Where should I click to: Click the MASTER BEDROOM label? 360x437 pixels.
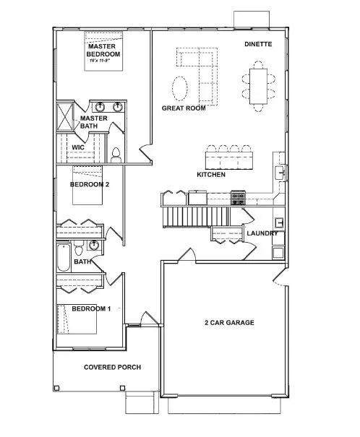(103, 51)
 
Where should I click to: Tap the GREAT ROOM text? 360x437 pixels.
(184, 108)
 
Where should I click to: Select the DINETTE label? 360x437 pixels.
(258, 45)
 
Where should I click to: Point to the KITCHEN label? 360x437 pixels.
(211, 175)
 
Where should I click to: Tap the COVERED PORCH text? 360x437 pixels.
(112, 367)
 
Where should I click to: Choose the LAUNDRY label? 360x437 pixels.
(262, 233)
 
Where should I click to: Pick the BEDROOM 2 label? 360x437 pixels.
(90, 184)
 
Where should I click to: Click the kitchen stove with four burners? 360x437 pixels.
(238, 196)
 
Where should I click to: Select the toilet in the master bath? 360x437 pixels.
(116, 154)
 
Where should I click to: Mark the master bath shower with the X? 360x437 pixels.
(66, 116)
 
